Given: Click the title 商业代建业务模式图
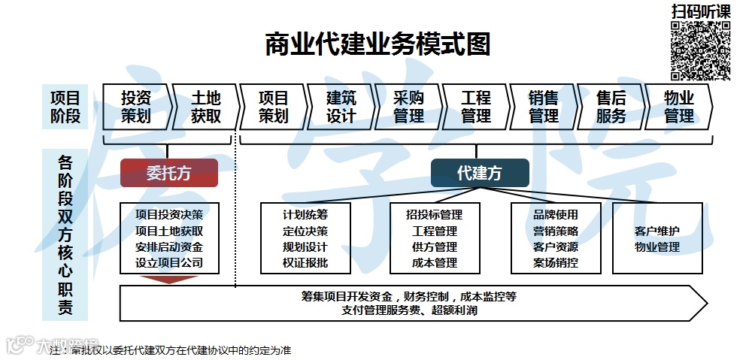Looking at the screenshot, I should (377, 44).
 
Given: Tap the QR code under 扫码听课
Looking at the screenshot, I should (701, 50).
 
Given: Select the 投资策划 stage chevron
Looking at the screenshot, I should (136, 107).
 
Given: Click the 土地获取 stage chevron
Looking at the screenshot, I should (205, 107).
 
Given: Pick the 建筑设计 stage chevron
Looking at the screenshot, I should (341, 107).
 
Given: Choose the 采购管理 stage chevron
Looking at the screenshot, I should (408, 107).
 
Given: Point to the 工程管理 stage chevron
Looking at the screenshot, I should (476, 107).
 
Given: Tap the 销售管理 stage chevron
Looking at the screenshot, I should (544, 107).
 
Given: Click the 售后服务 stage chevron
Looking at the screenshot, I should (611, 107).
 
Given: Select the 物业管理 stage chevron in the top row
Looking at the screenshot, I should (678, 107).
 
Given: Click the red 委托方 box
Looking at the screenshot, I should (169, 173).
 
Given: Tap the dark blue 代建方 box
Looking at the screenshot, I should (479, 173).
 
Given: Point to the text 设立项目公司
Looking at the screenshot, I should (169, 263).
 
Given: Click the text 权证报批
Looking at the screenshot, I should (305, 263).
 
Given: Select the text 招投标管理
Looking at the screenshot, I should (435, 215).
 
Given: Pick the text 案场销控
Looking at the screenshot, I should (556, 263).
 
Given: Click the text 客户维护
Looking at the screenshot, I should (657, 231).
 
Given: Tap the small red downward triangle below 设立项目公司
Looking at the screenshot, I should (169, 280).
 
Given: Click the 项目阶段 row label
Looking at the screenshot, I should (65, 107).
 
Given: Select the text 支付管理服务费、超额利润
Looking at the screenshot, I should (409, 310).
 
